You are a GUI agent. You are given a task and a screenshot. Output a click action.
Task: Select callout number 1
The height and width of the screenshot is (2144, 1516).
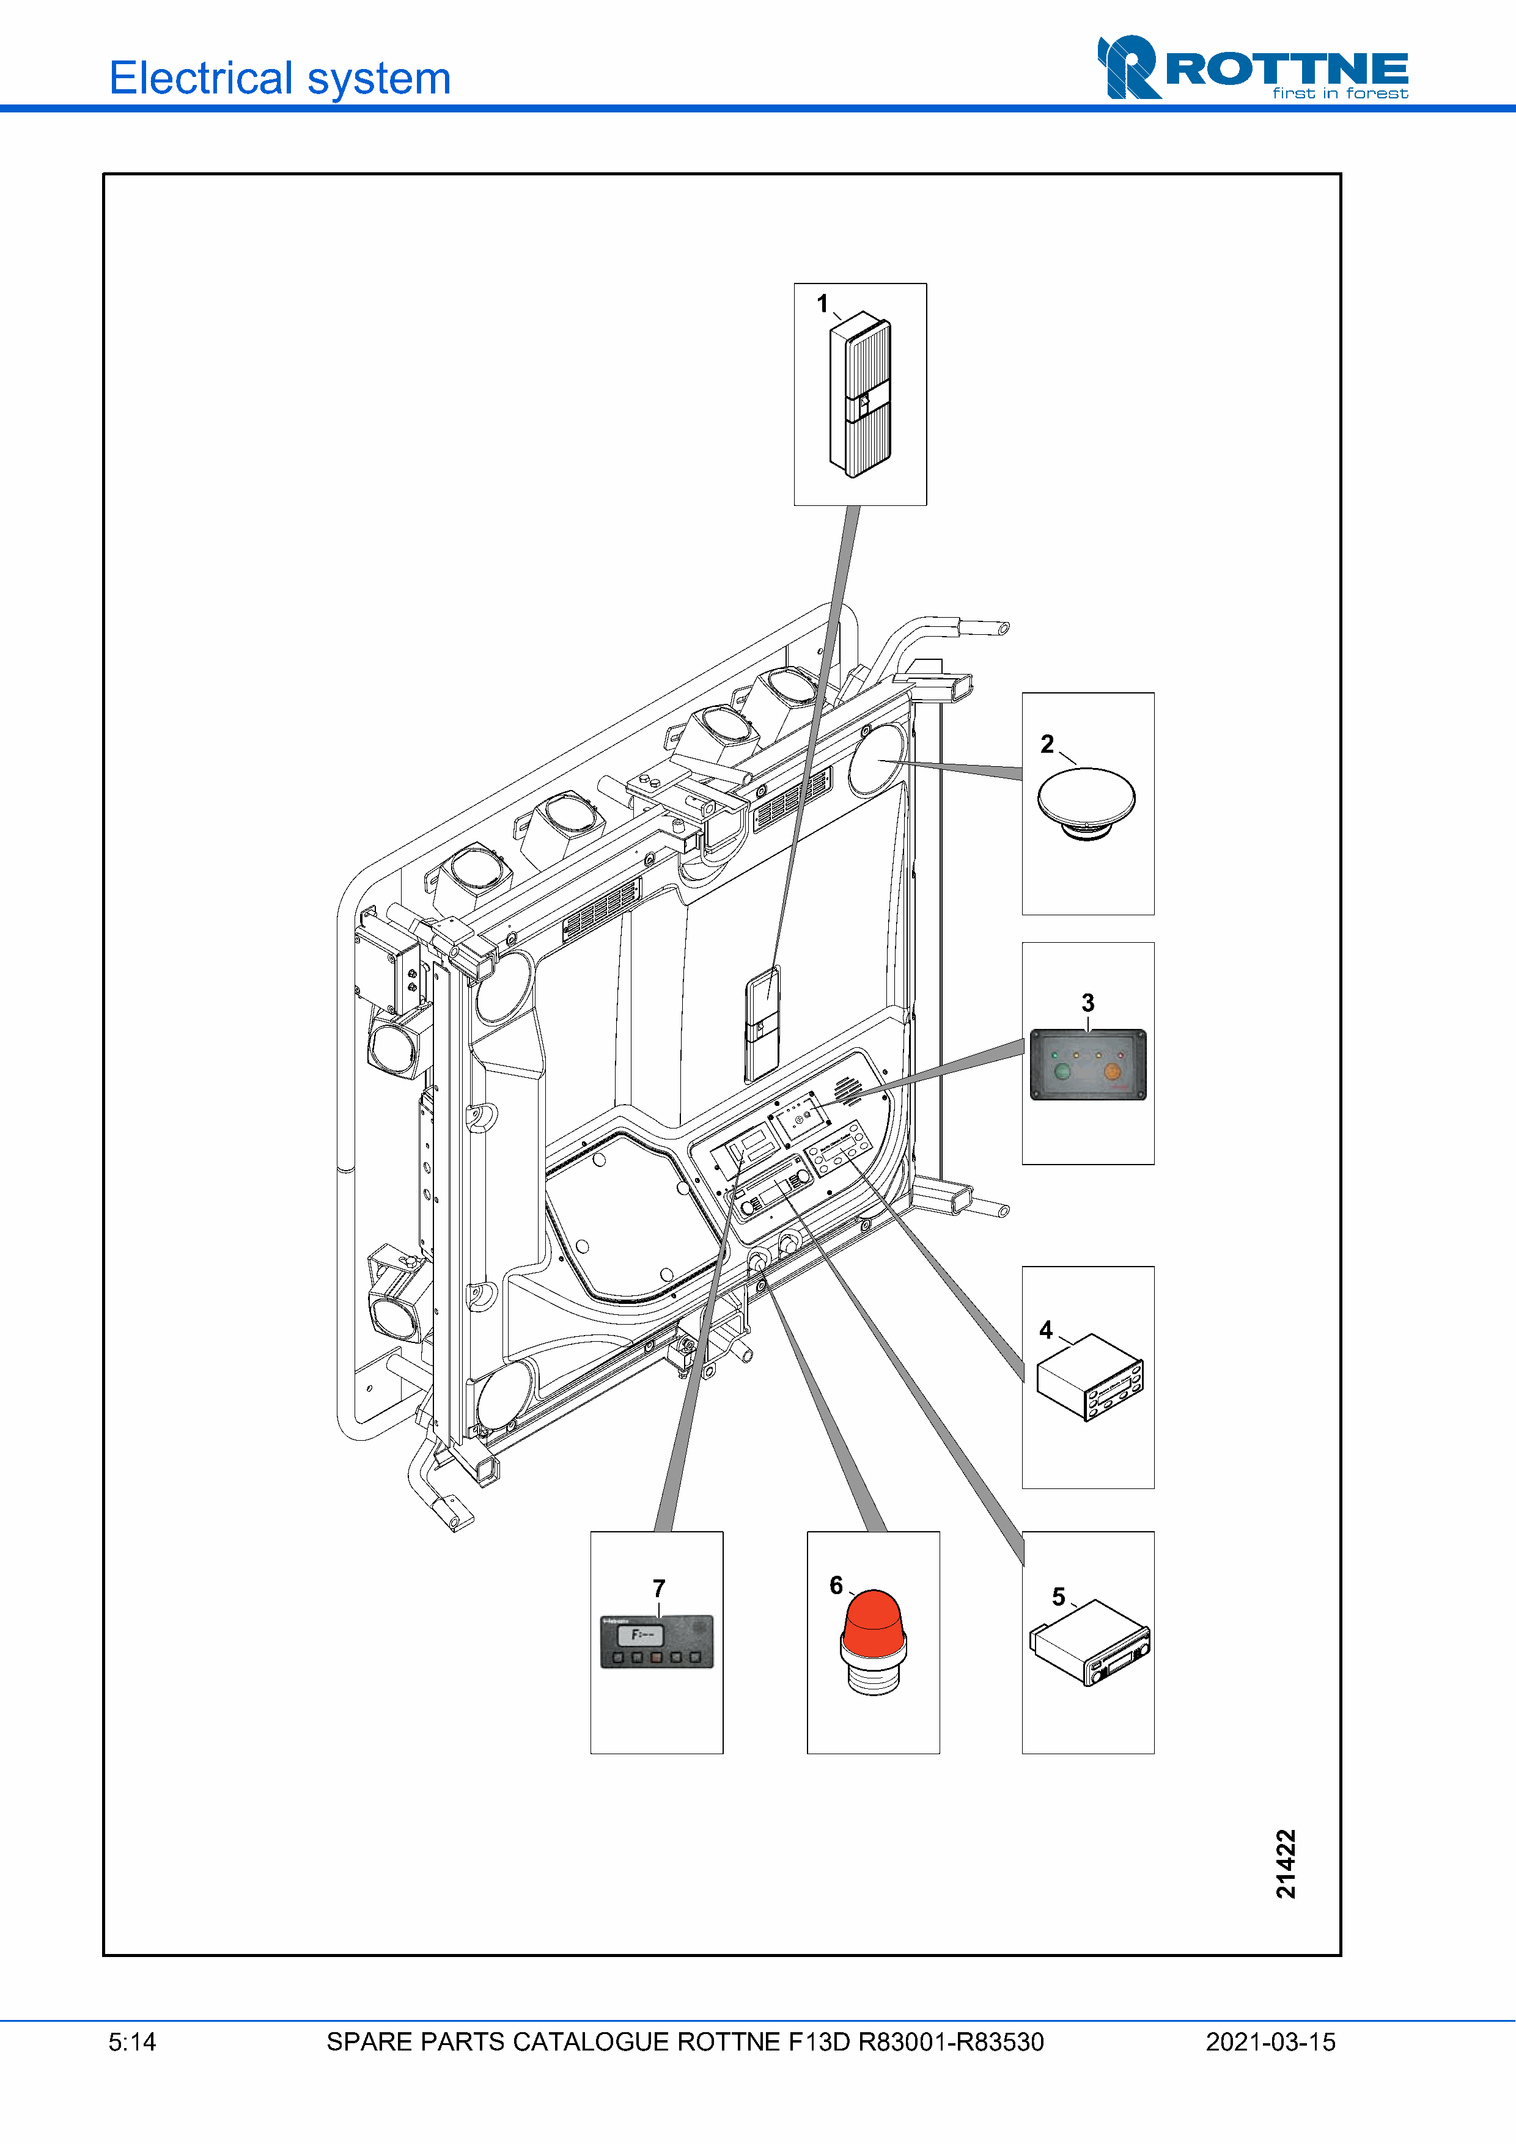point(822,304)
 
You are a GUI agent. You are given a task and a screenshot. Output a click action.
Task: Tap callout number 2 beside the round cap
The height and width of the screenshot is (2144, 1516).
point(1047,744)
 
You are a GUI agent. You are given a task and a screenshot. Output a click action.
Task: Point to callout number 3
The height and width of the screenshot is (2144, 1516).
point(1087,1003)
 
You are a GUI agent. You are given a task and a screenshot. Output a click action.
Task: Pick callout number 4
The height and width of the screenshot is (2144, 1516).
point(1046,1330)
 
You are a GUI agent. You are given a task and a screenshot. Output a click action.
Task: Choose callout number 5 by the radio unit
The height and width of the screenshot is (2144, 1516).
point(1058,1597)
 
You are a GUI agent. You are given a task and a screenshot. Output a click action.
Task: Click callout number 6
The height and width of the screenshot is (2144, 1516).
point(836,1586)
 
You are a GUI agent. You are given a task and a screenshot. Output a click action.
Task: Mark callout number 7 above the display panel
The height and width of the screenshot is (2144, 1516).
point(658,1589)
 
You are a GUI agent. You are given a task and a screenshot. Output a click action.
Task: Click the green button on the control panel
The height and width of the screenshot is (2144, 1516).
point(1062,1072)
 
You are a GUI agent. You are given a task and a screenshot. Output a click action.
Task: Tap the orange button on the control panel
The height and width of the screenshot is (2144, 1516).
point(1113,1072)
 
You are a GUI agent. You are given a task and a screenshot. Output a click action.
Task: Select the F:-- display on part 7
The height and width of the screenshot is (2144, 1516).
point(642,1635)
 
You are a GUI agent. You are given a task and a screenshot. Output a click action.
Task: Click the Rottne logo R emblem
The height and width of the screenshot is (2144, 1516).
point(1128,67)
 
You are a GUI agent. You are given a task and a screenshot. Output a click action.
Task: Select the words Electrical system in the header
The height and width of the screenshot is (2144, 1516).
point(280,78)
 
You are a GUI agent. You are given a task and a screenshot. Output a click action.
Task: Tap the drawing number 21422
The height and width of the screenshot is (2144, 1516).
point(1286,1864)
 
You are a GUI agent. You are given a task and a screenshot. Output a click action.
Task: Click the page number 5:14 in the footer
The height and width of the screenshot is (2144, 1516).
point(131,2042)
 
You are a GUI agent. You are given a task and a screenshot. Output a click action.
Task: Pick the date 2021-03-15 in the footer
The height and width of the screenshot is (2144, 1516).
point(1270,2042)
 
